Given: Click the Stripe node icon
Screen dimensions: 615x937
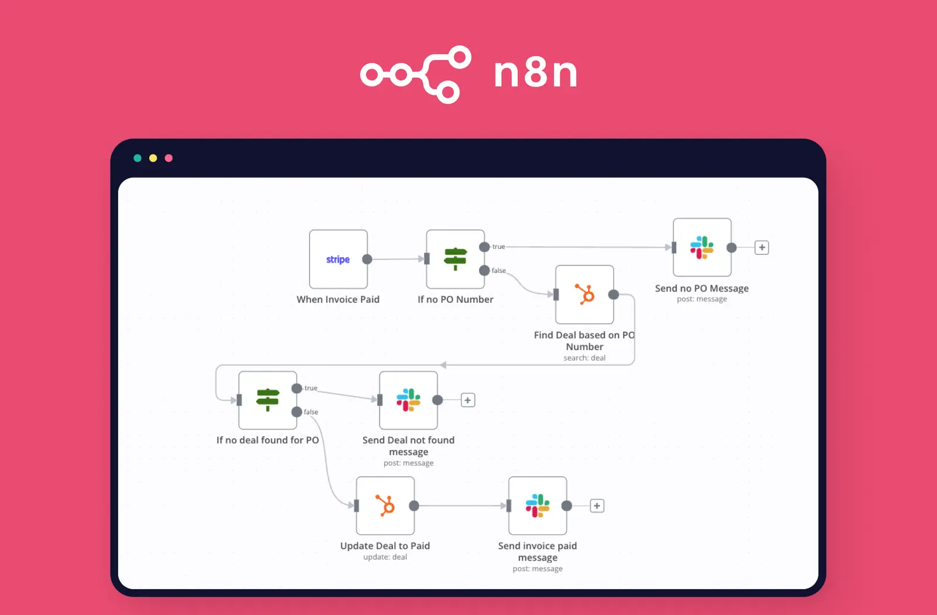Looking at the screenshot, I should pyautogui.click(x=338, y=259).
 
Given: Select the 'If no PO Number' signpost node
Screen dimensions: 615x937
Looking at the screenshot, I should pyautogui.click(x=455, y=259).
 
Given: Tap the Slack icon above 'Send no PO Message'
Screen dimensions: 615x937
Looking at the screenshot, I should pyautogui.click(x=702, y=247).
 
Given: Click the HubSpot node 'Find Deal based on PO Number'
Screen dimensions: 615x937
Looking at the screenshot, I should pyautogui.click(x=584, y=294).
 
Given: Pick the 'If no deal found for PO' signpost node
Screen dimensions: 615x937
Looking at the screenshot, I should pyautogui.click(x=268, y=400).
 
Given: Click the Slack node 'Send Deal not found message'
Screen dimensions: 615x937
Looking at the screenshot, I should pyautogui.click(x=408, y=400).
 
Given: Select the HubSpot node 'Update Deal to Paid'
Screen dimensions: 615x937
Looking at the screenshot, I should pyautogui.click(x=385, y=505).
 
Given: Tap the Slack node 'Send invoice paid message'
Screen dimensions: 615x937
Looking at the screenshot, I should pyautogui.click(x=537, y=505).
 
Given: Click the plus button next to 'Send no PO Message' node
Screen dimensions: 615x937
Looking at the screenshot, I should pyautogui.click(x=761, y=247).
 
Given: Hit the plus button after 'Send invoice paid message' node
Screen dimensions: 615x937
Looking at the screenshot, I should pyautogui.click(x=597, y=505).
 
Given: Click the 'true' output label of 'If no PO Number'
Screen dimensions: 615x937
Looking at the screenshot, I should pyautogui.click(x=498, y=247).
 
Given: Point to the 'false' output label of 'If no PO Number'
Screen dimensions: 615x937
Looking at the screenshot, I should pyautogui.click(x=498, y=271).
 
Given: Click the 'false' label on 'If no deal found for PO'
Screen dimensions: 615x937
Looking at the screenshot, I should pyautogui.click(x=311, y=412).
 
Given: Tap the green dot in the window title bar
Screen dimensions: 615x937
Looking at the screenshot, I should pyautogui.click(x=138, y=158).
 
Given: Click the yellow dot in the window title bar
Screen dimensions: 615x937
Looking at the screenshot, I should pyautogui.click(x=153, y=158).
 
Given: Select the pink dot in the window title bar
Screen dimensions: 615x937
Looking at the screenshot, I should pyautogui.click(x=169, y=158).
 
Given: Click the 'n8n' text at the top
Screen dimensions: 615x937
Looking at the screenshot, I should pyautogui.click(x=535, y=73).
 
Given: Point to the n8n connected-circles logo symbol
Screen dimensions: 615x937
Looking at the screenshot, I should pyautogui.click(x=416, y=74).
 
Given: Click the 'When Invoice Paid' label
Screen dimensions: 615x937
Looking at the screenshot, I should pyautogui.click(x=338, y=299).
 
